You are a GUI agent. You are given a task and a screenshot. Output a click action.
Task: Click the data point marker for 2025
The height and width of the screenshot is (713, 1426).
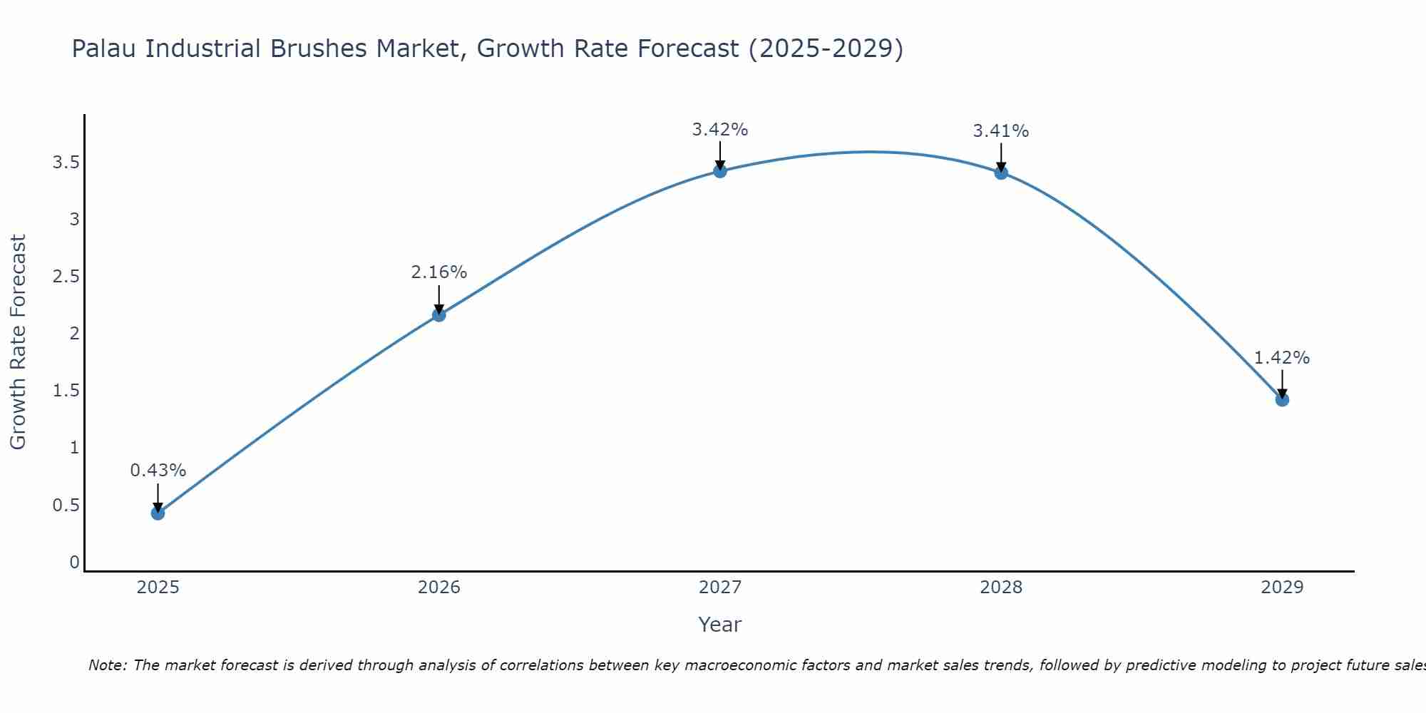pos(158,513)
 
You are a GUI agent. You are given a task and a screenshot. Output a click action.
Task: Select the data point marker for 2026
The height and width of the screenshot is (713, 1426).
pos(438,314)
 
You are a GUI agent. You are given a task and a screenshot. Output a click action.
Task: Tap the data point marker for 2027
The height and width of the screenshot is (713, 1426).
pos(719,170)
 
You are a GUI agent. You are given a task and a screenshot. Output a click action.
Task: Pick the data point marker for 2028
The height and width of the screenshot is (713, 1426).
pos(1000,172)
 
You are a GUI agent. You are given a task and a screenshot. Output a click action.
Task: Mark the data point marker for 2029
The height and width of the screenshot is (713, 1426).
pos(1281,399)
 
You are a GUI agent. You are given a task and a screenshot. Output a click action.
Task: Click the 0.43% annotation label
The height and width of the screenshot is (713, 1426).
pos(158,471)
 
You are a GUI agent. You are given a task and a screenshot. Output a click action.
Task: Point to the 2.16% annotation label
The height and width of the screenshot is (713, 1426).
pos(438,272)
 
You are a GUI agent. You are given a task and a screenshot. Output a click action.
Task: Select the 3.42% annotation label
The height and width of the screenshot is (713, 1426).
pos(719,130)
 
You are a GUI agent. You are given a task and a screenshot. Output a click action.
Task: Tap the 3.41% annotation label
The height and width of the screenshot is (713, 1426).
pos(1000,131)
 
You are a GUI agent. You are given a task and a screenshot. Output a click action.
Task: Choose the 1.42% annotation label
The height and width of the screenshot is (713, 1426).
pos(1281,358)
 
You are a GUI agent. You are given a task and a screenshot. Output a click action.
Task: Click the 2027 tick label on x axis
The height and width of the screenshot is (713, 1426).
pos(719,588)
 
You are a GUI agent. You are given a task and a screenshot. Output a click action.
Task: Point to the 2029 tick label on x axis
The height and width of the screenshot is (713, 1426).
pos(1281,588)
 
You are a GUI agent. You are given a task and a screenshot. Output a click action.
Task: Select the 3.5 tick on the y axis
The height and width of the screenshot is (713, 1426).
pos(66,163)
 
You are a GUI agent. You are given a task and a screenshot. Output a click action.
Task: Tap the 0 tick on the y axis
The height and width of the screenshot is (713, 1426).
pos(74,563)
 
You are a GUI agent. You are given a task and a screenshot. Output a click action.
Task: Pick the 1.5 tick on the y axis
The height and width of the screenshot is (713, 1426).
pos(66,391)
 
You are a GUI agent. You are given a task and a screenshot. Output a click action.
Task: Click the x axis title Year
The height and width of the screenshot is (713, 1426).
pos(719,625)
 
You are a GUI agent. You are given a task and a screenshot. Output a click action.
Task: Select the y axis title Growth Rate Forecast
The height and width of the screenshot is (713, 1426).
pos(18,342)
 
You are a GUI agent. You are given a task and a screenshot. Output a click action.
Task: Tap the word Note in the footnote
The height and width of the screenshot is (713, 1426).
pos(106,665)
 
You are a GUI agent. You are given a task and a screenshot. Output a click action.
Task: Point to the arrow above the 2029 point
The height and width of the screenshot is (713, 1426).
pos(1281,384)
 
